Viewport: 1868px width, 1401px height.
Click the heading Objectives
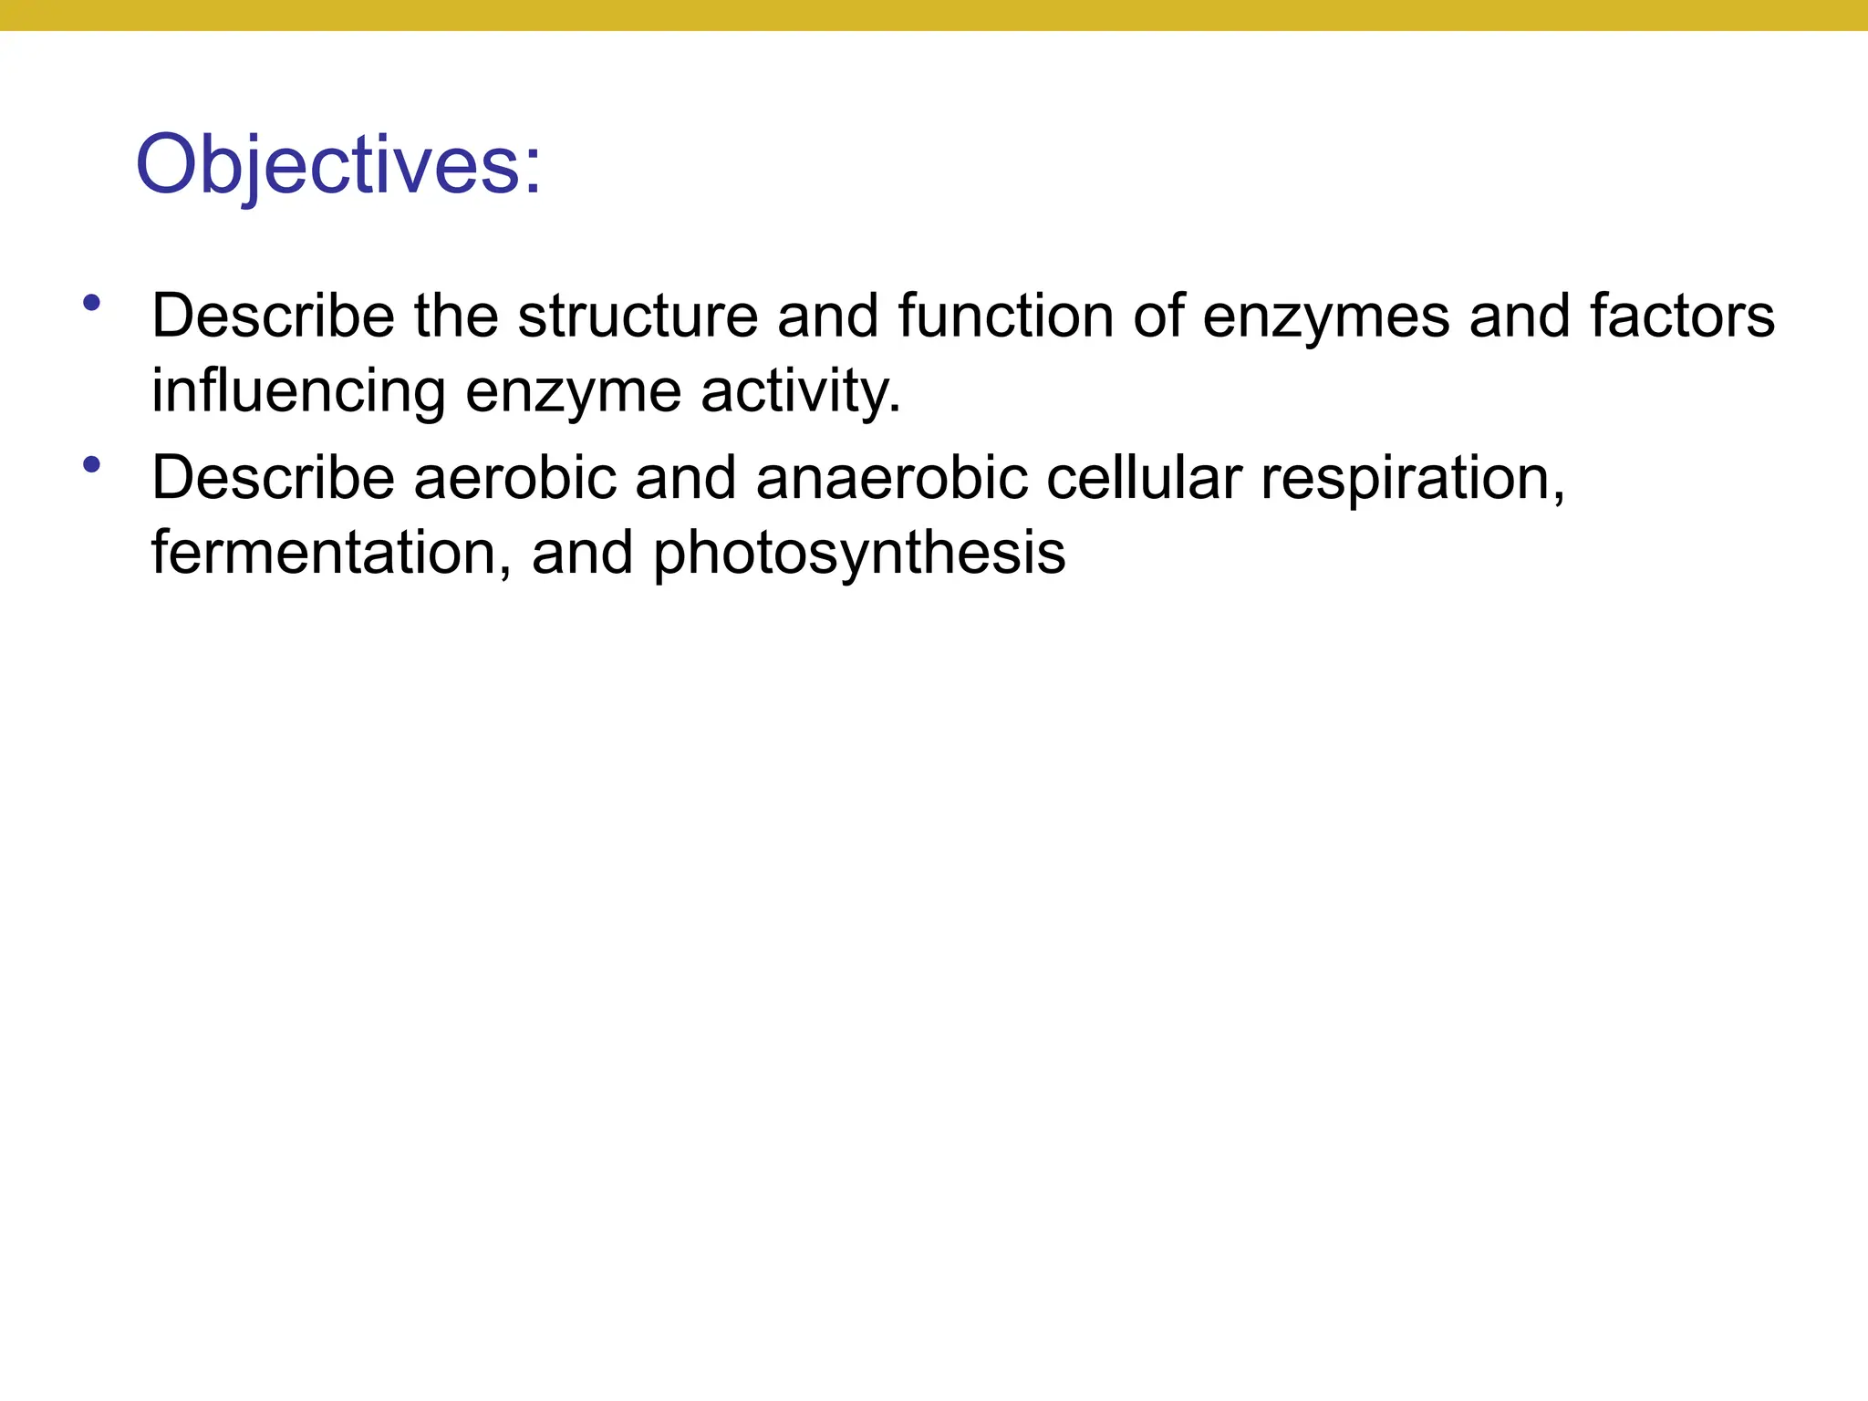(338, 165)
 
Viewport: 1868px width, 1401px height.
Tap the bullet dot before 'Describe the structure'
(91, 303)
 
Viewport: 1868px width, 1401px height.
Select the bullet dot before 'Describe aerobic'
(91, 465)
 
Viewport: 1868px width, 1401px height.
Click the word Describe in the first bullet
(273, 316)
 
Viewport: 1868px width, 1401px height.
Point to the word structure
(638, 316)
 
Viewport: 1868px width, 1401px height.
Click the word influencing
(297, 391)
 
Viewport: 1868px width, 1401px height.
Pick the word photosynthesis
(858, 555)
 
